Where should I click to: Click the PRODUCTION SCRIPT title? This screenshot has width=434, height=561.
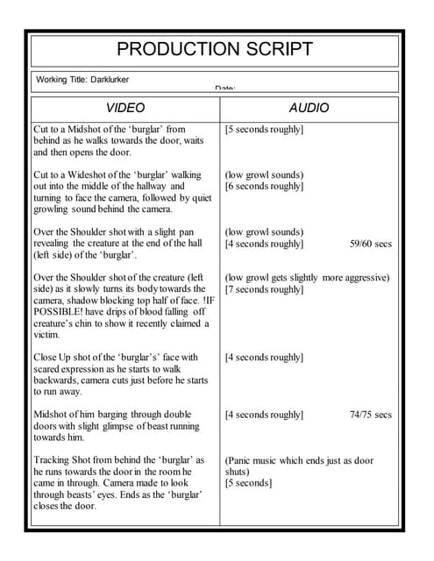215,49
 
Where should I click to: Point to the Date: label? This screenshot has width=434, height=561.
224,89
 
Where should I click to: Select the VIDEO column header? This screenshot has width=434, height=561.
125,108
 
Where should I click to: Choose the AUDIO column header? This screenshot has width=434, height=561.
309,108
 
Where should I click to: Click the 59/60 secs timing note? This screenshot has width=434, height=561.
370,244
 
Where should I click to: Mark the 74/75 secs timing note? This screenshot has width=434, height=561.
370,415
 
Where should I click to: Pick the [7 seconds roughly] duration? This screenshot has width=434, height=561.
264,289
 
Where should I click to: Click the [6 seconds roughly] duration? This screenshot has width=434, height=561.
264,186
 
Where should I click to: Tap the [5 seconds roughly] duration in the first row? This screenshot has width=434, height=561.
264,130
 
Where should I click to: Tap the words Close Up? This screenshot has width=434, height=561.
54,358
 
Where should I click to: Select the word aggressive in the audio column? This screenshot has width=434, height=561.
360,278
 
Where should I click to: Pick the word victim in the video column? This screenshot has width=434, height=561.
46,335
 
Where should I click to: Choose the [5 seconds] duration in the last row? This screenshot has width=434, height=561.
248,483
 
